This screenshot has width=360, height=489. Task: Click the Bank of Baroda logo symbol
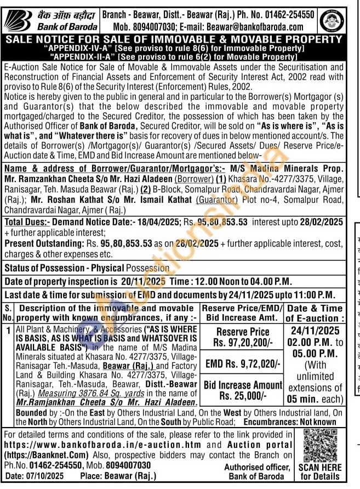pyautogui.click(x=17, y=21)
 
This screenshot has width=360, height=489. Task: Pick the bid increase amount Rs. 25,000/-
pyautogui.click(x=242, y=396)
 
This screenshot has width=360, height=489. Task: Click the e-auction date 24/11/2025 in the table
pyautogui.click(x=315, y=331)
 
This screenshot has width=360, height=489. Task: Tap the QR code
pyautogui.click(x=321, y=445)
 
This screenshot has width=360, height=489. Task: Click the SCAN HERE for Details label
pyautogui.click(x=321, y=472)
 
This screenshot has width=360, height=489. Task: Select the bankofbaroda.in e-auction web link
pyautogui.click(x=102, y=445)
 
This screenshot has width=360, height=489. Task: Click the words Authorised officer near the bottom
pyautogui.click(x=257, y=467)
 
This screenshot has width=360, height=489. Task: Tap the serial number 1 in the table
pyautogui.click(x=8, y=330)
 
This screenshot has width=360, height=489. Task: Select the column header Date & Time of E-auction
pyautogui.click(x=315, y=313)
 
